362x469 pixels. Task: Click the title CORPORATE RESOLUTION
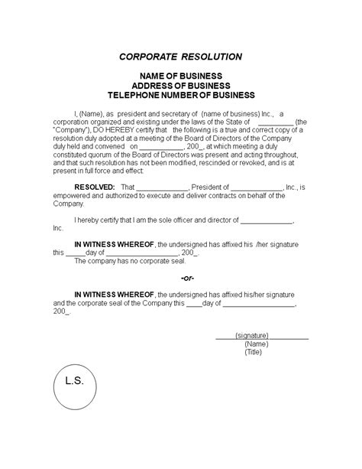[180, 57]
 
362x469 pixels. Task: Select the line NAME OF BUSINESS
[180, 77]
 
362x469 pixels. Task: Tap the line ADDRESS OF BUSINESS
[180, 86]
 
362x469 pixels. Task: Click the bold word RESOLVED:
[95, 187]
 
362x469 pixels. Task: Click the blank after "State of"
[270, 122]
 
